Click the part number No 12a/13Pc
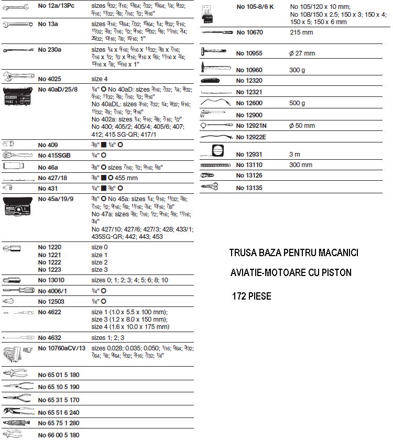tap(57, 6)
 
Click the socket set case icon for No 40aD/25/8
tap(18, 97)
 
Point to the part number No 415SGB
tap(54, 156)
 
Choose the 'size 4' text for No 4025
tap(100, 79)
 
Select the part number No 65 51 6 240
tap(59, 413)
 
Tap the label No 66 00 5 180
tap(59, 435)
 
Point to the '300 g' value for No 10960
tap(298, 70)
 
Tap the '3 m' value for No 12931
tap(296, 154)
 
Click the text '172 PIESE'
tap(252, 296)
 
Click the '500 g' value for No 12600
tap(297, 103)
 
